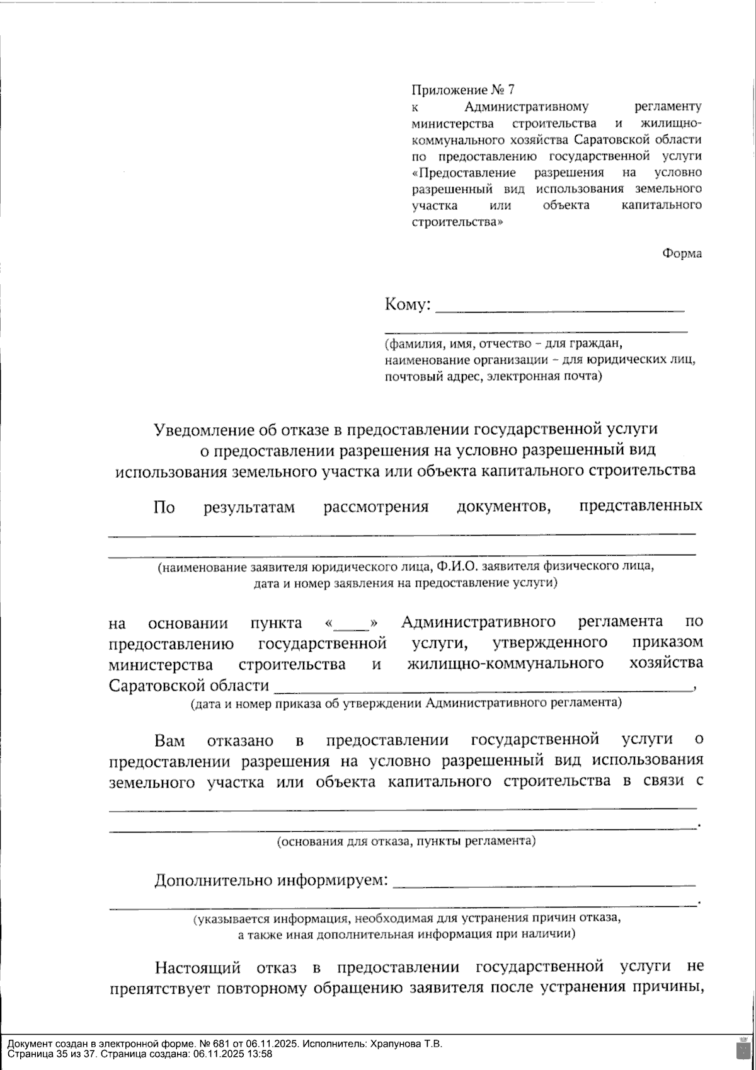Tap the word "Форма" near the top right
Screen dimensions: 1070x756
pyautogui.click(x=682, y=253)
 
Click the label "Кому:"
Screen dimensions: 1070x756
pyautogui.click(x=408, y=305)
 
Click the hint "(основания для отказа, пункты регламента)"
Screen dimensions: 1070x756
pyautogui.click(x=406, y=841)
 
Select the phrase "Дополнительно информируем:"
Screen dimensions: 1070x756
pyautogui.click(x=272, y=880)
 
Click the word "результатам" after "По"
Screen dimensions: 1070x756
pyautogui.click(x=249, y=507)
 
